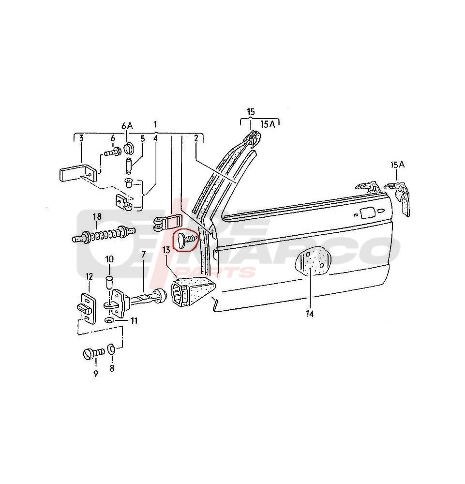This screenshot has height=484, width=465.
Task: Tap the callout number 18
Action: tap(97, 216)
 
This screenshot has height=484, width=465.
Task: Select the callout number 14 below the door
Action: tap(310, 314)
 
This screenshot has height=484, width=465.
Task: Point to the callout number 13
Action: tap(166, 250)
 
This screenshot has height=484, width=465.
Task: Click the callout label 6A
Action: tap(126, 125)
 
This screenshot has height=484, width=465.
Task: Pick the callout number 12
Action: tap(89, 276)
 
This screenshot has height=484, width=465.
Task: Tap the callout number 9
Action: tap(95, 374)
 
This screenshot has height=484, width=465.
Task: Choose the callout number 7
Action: tap(143, 254)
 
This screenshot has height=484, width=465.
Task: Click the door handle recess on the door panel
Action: tap(367, 212)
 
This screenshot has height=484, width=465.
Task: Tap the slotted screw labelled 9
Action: tap(90, 354)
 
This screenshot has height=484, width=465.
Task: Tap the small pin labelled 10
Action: tap(109, 281)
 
